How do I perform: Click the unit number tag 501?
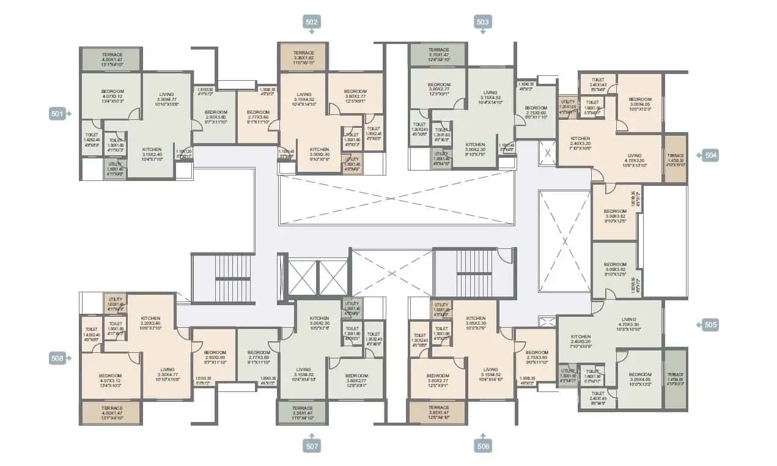coord(57,113)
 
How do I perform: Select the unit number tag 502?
coord(312,22)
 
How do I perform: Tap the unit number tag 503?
coord(483,22)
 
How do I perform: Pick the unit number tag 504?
coord(710,155)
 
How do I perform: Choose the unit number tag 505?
coord(710,325)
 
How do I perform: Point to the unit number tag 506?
coord(483,446)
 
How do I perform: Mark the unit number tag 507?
coord(312,446)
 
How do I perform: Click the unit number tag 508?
coord(57,359)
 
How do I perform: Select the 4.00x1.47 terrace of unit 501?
coord(112,59)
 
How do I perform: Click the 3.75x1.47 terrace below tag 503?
coord(438,54)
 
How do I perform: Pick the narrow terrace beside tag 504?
coord(676,159)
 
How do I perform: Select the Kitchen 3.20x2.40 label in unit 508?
coord(151,322)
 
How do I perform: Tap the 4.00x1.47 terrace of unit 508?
coord(112,412)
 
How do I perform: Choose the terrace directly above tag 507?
coord(302,412)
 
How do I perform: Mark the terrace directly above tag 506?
coord(438,412)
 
